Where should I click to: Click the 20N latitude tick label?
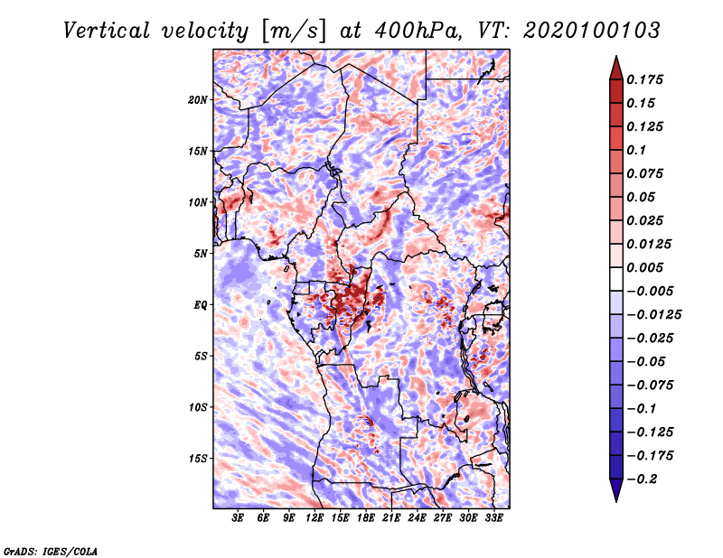point(198,100)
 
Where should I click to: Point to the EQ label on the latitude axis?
point(201,305)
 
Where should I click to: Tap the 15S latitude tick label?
point(198,459)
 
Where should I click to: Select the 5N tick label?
point(201,254)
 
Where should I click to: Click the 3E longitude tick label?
point(238,517)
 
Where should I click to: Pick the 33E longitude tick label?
point(493,517)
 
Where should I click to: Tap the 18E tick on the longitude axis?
point(366,517)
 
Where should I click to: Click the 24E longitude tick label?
point(417,517)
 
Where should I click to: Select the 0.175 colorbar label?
point(644,79)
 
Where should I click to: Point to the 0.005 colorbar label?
point(644,267)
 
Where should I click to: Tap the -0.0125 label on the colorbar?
point(653,315)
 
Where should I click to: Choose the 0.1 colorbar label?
point(636,150)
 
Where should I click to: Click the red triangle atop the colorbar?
point(616,68)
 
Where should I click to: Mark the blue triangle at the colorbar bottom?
point(616,490)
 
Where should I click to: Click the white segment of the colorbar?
point(616,279)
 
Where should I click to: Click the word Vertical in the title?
point(107,31)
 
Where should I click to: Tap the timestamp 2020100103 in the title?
point(592,31)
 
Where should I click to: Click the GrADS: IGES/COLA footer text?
point(51,551)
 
